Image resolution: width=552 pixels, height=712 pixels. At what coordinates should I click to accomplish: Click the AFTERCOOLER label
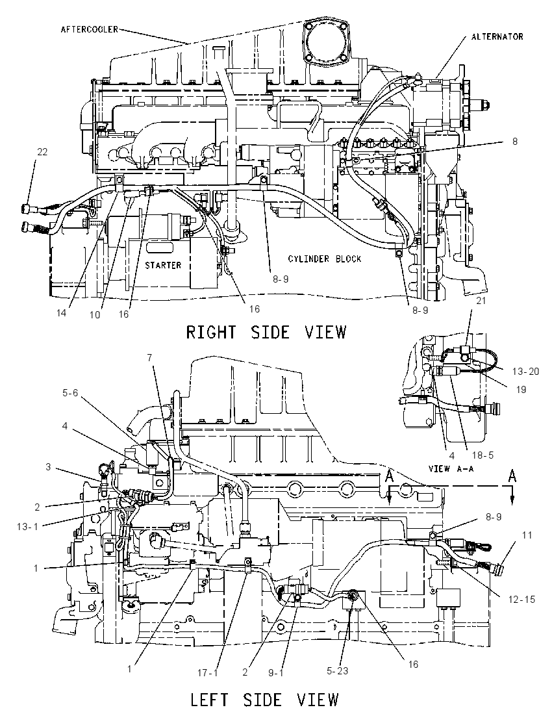(x=90, y=29)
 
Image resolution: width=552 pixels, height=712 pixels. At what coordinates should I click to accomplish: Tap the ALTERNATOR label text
(x=497, y=36)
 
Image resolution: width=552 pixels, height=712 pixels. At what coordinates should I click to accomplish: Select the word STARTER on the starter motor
(x=163, y=265)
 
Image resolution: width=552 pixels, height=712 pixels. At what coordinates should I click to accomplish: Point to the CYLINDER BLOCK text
(x=325, y=259)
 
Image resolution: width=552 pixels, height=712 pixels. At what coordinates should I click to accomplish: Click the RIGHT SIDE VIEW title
(x=266, y=332)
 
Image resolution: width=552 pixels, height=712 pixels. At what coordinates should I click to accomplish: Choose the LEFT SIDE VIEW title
(x=264, y=699)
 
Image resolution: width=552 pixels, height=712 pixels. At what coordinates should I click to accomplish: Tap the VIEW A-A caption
(x=451, y=468)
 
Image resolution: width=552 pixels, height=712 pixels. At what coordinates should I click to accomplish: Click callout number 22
(x=42, y=151)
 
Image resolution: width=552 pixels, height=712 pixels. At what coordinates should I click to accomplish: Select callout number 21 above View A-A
(x=481, y=300)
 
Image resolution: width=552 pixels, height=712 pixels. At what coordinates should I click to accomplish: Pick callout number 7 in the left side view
(x=149, y=358)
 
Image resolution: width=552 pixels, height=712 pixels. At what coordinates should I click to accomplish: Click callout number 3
(x=48, y=466)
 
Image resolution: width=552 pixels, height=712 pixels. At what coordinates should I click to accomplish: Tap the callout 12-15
(x=521, y=600)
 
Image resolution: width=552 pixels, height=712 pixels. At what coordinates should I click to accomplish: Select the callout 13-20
(x=525, y=372)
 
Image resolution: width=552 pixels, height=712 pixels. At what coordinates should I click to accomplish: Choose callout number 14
(x=61, y=313)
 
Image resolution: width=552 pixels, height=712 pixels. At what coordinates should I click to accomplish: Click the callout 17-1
(x=207, y=672)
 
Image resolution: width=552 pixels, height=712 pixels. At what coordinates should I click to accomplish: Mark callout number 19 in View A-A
(x=521, y=389)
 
